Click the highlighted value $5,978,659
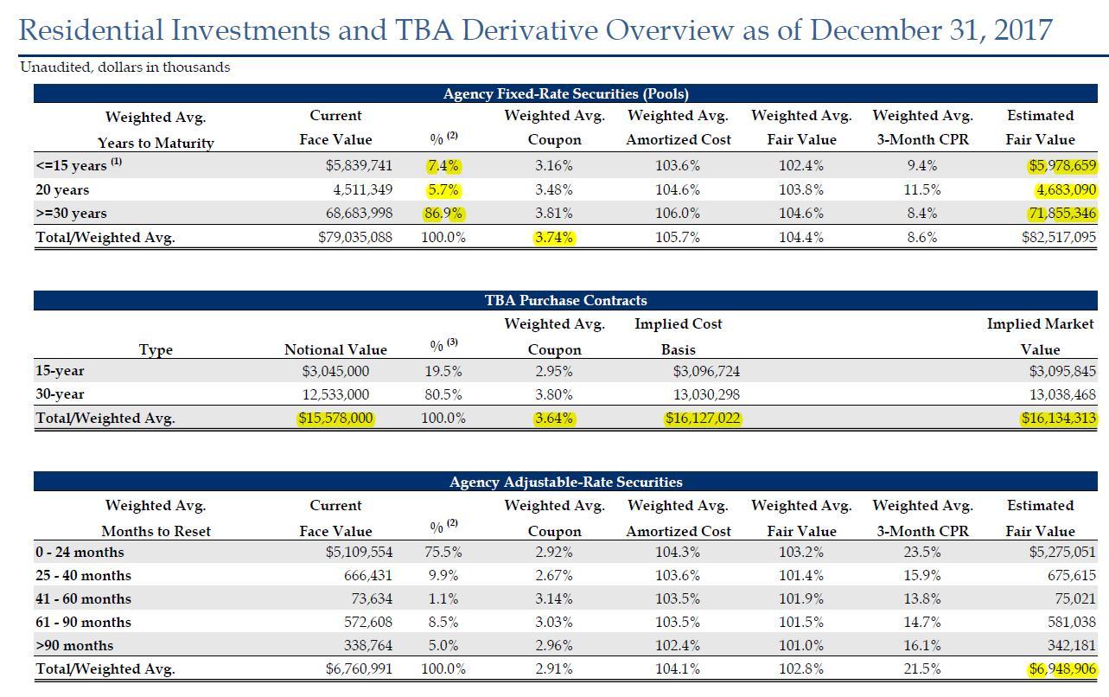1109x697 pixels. pyautogui.click(x=1062, y=165)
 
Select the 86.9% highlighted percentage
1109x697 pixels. pyautogui.click(x=443, y=214)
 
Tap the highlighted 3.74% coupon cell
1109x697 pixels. pyautogui.click(x=553, y=238)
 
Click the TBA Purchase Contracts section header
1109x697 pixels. pyautogui.click(x=565, y=300)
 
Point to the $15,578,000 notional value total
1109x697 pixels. pyautogui.click(x=335, y=418)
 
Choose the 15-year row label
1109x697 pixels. pyautogui.click(x=60, y=371)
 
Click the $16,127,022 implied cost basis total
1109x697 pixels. pyautogui.click(x=703, y=418)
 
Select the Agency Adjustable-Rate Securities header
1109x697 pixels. pyautogui.click(x=565, y=482)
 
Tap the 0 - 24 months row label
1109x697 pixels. pyautogui.click(x=80, y=552)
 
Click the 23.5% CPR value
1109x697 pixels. pyautogui.click(x=921, y=552)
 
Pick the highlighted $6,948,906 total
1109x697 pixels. pyautogui.click(x=1062, y=669)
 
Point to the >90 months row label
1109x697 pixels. pyautogui.click(x=74, y=645)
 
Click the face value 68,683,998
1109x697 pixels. pyautogui.click(x=359, y=214)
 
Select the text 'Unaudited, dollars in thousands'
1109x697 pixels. pyautogui.click(x=125, y=67)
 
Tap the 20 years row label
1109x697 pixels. pyautogui.click(x=62, y=189)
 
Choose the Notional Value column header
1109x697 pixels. pyautogui.click(x=335, y=349)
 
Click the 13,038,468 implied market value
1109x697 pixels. pyautogui.click(x=1062, y=395)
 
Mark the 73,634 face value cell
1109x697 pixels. pyautogui.click(x=372, y=598)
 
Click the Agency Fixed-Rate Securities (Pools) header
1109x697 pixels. pyautogui.click(x=565, y=93)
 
